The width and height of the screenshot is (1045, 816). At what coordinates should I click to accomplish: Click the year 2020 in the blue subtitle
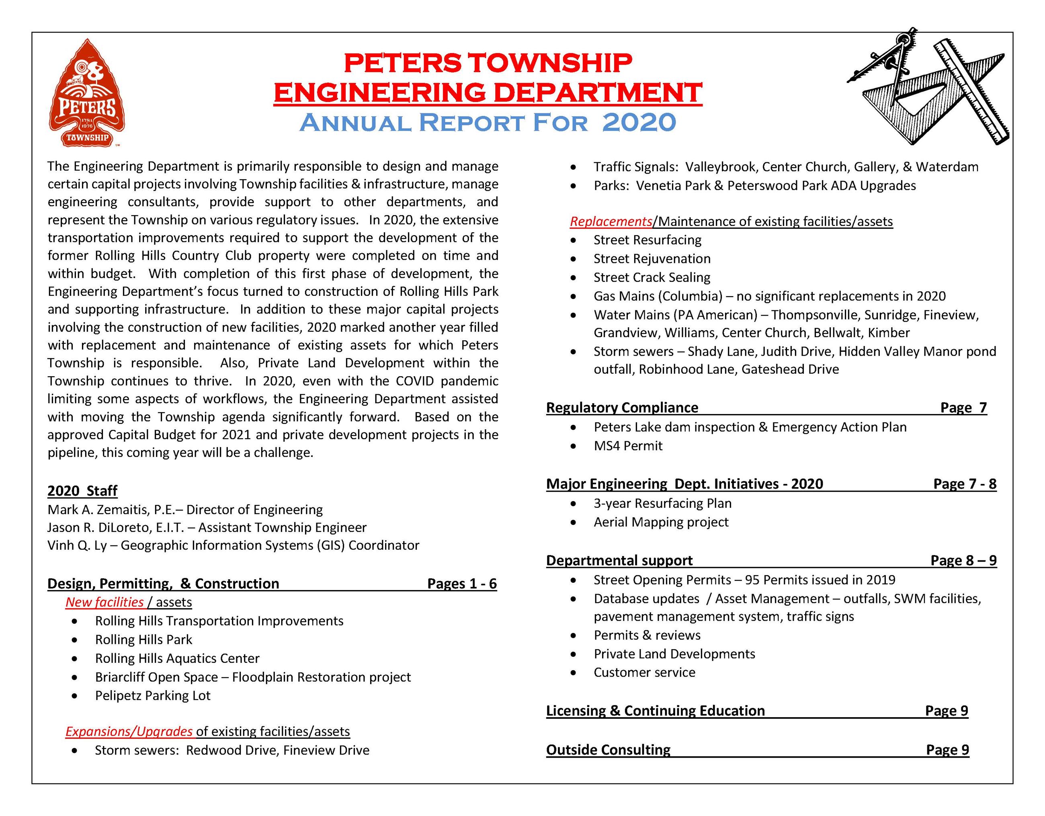pyautogui.click(x=639, y=123)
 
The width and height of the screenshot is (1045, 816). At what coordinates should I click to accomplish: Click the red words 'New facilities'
pyautogui.click(x=104, y=602)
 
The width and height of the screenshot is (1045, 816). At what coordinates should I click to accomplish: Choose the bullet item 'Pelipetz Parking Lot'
pyautogui.click(x=153, y=695)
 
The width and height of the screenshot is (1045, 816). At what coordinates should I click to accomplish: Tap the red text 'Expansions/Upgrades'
pyautogui.click(x=129, y=731)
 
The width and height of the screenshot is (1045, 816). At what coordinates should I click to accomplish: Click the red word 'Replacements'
pyautogui.click(x=611, y=221)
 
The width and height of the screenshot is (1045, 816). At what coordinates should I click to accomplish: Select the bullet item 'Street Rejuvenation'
pyautogui.click(x=652, y=258)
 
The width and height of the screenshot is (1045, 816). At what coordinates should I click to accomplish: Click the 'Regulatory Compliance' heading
pyautogui.click(x=622, y=407)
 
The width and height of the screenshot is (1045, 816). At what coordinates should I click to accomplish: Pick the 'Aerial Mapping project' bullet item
pyautogui.click(x=661, y=522)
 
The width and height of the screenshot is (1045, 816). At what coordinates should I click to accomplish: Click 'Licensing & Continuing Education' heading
pyautogui.click(x=655, y=711)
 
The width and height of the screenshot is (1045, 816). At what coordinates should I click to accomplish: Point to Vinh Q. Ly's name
pyautogui.click(x=76, y=545)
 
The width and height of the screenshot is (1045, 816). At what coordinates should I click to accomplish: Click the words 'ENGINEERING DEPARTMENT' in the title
pyautogui.click(x=488, y=92)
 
